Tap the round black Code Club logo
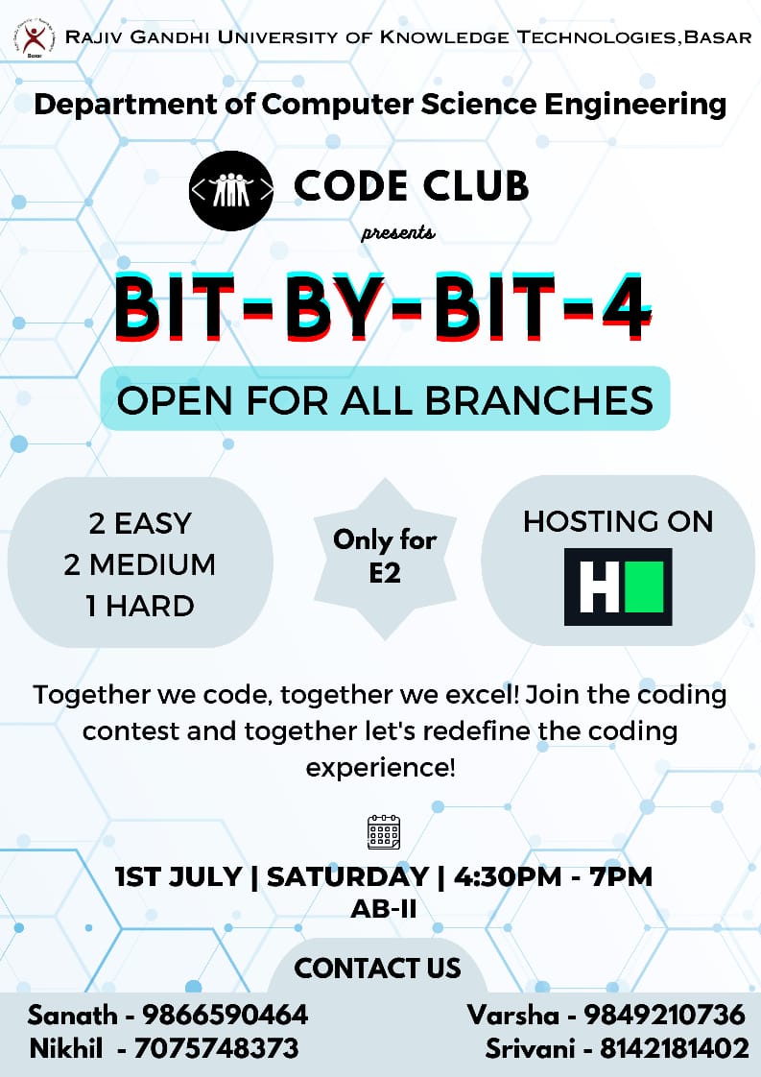click(x=230, y=189)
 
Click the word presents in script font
click(x=398, y=233)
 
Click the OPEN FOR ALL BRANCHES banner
click(x=385, y=398)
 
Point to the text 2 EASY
click(x=140, y=524)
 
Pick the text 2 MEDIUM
click(x=140, y=564)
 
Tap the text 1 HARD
click(x=140, y=606)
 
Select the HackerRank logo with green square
click(x=617, y=586)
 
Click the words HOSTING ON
click(x=618, y=521)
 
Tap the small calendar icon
click(x=384, y=831)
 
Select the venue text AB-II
click(x=383, y=908)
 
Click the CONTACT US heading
click(x=378, y=968)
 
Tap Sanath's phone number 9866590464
click(x=226, y=1015)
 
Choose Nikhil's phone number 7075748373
click(x=217, y=1048)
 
